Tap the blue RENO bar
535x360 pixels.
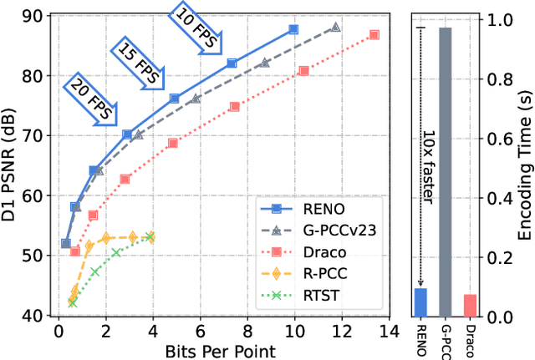coord(420,302)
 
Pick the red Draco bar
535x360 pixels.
coord(470,306)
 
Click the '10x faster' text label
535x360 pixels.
coord(427,225)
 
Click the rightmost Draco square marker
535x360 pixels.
coord(374,34)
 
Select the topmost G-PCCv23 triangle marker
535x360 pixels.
coord(335,28)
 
